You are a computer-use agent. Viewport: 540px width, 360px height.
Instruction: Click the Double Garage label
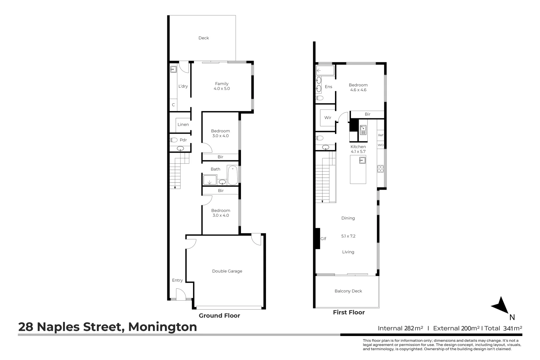click(227, 271)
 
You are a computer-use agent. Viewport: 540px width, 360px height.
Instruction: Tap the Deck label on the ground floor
click(204, 38)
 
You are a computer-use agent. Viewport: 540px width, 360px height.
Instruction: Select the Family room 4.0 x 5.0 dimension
click(222, 89)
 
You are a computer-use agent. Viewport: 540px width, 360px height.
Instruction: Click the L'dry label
click(183, 86)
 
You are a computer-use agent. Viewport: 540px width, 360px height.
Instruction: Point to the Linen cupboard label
click(183, 125)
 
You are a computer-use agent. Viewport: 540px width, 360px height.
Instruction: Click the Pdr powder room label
click(183, 140)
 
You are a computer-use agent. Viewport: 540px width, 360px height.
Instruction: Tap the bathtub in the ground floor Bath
click(232, 175)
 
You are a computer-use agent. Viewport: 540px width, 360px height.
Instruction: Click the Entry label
click(177, 280)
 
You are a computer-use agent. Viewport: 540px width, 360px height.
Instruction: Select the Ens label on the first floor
click(328, 87)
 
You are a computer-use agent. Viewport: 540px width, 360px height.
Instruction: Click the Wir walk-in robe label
click(328, 118)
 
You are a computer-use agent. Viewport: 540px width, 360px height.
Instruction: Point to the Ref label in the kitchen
click(381, 135)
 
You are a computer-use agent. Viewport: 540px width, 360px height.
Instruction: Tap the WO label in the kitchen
click(381, 145)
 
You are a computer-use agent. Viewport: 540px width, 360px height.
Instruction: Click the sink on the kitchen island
click(362, 161)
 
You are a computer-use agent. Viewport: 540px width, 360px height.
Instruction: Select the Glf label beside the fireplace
click(323, 239)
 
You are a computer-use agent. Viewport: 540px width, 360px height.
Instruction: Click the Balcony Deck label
click(348, 291)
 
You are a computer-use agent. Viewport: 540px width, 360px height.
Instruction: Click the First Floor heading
click(349, 312)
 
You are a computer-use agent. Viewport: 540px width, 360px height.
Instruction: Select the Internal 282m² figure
click(400, 328)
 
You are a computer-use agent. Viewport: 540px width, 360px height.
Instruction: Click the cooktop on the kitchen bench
click(380, 169)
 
